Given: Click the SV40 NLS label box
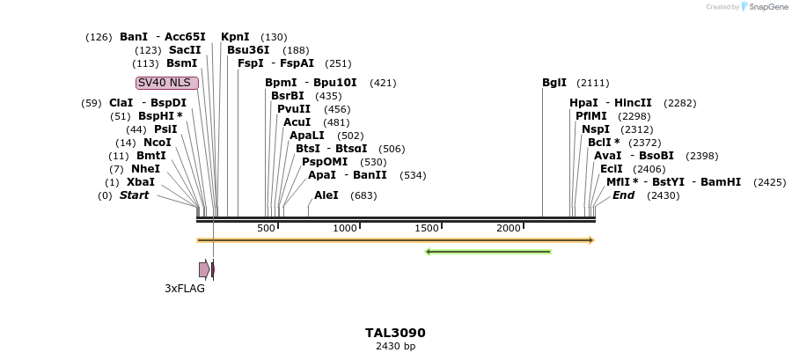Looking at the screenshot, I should [x=167, y=83].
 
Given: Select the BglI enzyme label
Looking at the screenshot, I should [x=554, y=83].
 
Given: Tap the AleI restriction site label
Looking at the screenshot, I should [x=326, y=195].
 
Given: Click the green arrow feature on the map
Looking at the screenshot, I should [x=488, y=252].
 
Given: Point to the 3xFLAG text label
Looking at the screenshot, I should [x=185, y=288].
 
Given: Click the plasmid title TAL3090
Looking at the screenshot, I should [x=395, y=333].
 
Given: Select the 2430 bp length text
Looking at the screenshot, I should [x=395, y=346].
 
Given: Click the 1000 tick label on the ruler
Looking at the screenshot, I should [x=345, y=229].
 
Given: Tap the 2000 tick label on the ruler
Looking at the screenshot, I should [x=509, y=229].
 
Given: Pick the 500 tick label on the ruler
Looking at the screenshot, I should [x=267, y=229].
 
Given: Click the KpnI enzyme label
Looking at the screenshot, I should [x=235, y=37].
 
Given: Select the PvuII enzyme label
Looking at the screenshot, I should [x=294, y=109].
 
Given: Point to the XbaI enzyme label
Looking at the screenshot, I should [x=141, y=182].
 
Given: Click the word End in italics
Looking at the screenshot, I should [x=623, y=195].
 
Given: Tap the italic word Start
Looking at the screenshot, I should [x=135, y=195].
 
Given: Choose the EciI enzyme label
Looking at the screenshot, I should [x=612, y=169].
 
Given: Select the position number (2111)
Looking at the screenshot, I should [x=593, y=83].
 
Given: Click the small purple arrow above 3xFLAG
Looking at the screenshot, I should [x=204, y=269].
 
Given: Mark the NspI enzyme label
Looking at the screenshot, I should [x=596, y=129].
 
